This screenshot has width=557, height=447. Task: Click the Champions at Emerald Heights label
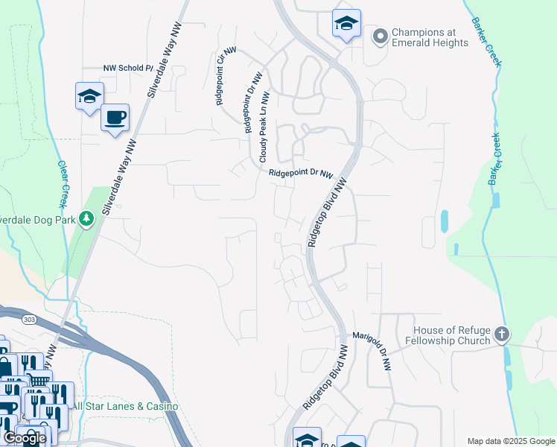(x=430, y=37)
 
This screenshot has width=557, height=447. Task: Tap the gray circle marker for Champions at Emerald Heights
(x=381, y=36)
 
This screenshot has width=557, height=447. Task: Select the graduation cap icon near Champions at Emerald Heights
(x=346, y=24)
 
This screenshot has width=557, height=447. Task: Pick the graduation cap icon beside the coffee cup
(x=89, y=97)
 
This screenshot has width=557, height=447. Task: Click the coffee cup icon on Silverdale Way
(x=115, y=118)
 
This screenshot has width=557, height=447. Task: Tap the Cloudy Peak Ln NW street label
(x=263, y=130)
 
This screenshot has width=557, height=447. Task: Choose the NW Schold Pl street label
(x=127, y=69)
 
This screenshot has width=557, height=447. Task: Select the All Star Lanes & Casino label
(x=124, y=406)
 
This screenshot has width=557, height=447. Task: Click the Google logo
(x=25, y=437)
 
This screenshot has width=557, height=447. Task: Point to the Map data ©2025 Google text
(x=510, y=440)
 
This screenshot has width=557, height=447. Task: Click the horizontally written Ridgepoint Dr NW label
(x=300, y=174)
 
